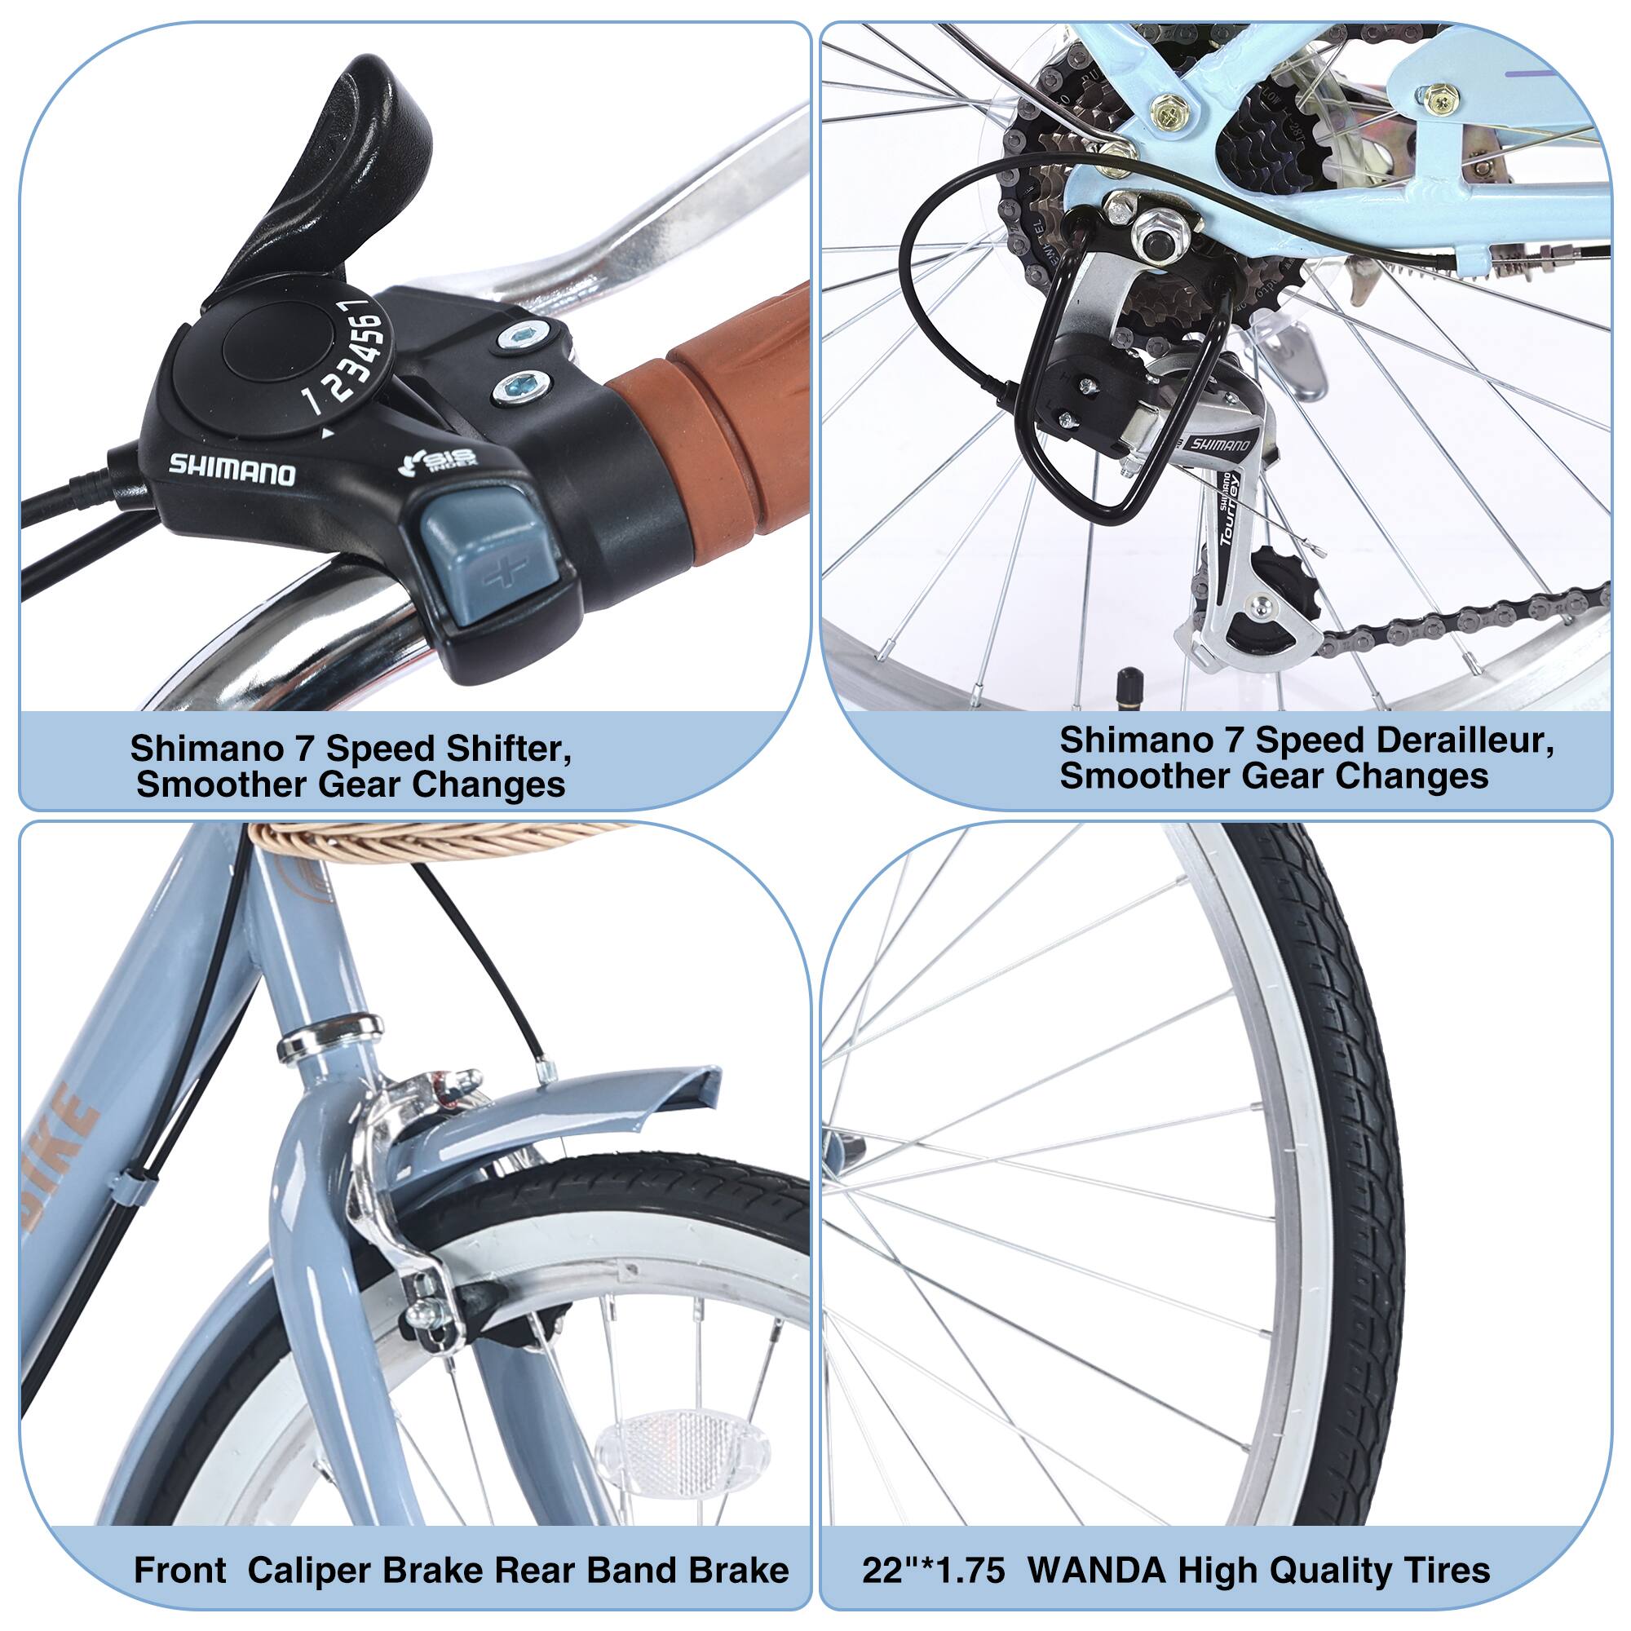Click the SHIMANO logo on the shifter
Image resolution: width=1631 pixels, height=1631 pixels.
[232, 470]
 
